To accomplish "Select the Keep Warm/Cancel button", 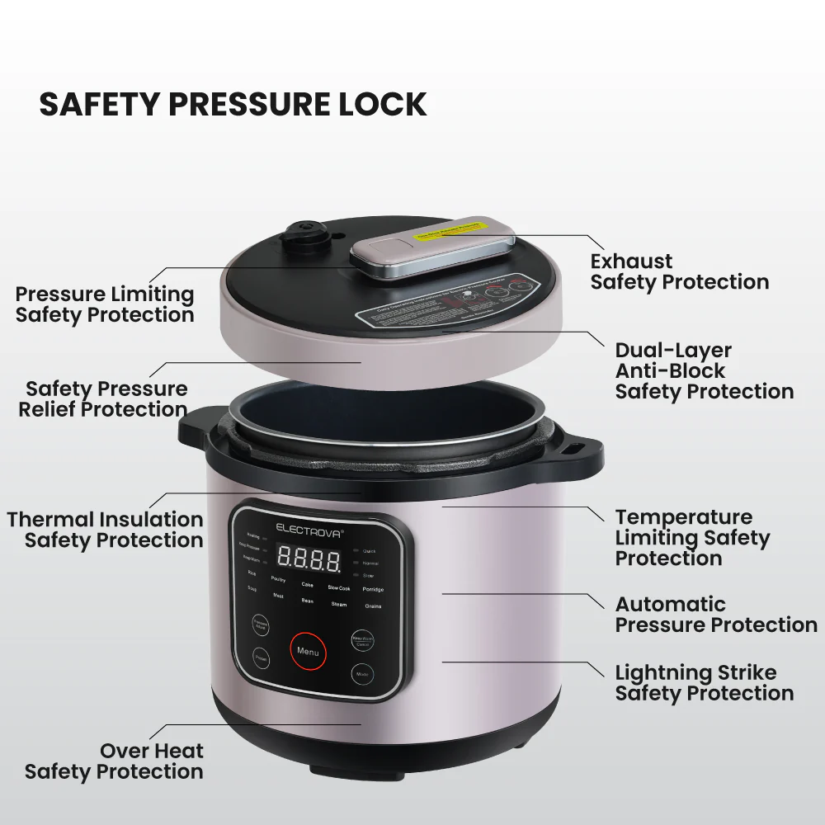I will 362,640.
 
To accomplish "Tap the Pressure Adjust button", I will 260,625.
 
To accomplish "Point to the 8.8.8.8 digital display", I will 309,560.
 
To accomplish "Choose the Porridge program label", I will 373,590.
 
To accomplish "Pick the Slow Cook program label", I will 339,588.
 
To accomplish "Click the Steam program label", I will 339,604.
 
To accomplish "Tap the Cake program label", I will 307,585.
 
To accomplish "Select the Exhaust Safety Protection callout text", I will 679,272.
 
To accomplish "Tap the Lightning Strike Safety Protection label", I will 704,683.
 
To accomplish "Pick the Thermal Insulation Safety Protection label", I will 106,530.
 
